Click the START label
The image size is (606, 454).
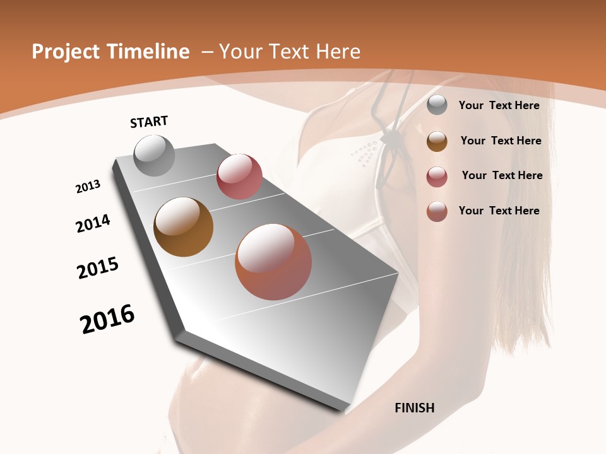click(149, 122)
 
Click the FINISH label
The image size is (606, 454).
click(415, 408)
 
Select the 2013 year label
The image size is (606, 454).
click(88, 187)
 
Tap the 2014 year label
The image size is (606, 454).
click(93, 224)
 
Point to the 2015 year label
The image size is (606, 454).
click(98, 268)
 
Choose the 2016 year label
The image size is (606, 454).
click(107, 319)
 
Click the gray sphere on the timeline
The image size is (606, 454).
click(155, 155)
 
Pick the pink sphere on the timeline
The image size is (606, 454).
click(239, 177)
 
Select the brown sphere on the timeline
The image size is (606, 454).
click(183, 227)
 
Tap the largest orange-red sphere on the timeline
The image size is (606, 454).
click(273, 262)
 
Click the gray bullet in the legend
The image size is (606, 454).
click(437, 105)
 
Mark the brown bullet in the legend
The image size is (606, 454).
click(437, 141)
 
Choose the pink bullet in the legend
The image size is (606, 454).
click(437, 177)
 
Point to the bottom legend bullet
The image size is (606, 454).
click(437, 211)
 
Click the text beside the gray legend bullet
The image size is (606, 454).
click(499, 105)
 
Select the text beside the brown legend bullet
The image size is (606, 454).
click(501, 141)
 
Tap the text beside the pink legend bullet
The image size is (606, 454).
click(502, 175)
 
